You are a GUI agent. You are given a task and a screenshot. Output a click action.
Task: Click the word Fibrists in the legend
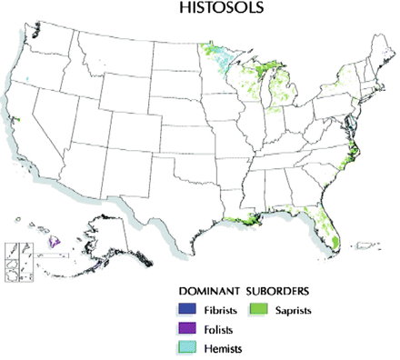pyautogui.click(x=218, y=310)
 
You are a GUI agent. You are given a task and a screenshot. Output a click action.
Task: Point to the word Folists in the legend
pyautogui.click(x=216, y=329)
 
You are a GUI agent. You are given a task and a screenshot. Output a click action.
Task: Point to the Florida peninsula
pyautogui.click(x=328, y=223)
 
